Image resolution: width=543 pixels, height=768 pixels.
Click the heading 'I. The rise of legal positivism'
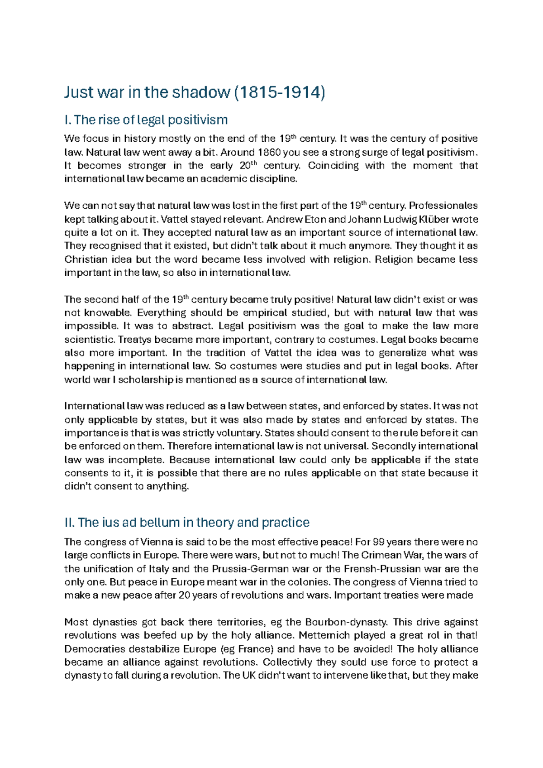click(x=146, y=120)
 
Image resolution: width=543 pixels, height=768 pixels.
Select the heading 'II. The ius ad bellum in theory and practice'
click(x=187, y=523)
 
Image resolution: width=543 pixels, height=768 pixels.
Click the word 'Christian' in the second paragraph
click(x=86, y=259)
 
